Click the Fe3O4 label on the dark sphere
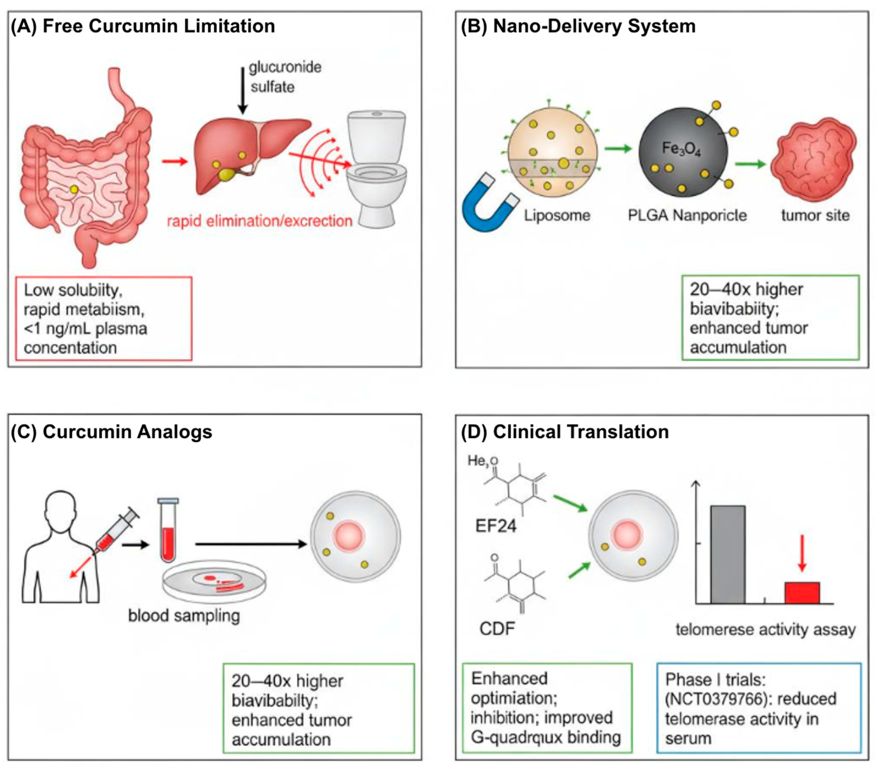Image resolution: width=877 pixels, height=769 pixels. [681, 149]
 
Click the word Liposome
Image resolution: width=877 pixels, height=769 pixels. [557, 215]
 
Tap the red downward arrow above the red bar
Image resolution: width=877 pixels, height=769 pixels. [802, 553]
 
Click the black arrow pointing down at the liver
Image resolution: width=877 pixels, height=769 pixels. [243, 90]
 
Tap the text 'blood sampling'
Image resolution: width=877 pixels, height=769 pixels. [184, 616]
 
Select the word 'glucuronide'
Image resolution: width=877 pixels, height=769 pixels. [285, 67]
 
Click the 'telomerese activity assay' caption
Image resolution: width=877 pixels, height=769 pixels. [765, 630]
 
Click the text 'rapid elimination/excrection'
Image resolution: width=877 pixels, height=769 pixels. [259, 221]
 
